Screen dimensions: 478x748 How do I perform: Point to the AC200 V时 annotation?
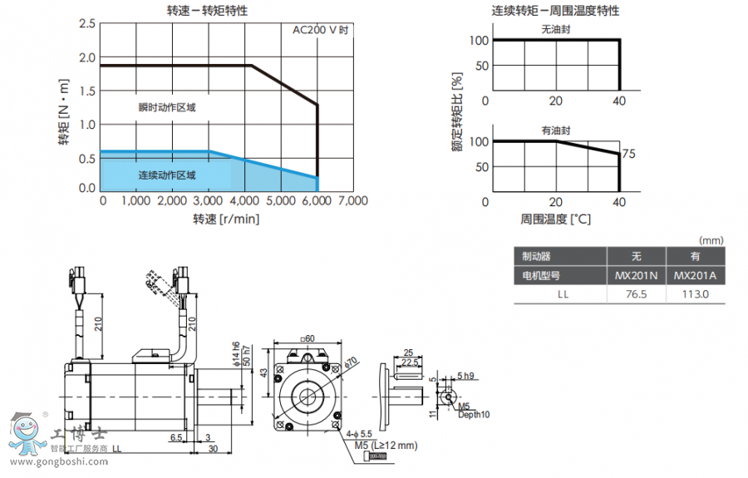point(320,30)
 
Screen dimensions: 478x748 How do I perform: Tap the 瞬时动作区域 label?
point(167,107)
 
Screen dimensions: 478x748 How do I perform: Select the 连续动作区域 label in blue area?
point(167,175)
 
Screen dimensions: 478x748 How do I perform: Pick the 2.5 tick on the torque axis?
point(87,23)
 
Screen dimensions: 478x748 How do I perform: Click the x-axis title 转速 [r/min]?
point(226,219)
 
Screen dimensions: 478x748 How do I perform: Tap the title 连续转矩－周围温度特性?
point(555,11)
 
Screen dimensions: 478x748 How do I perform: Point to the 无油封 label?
point(556,29)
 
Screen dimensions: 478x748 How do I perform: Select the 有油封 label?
point(556,131)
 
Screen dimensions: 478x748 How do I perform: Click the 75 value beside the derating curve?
point(628,155)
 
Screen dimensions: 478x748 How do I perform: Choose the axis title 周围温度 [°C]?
point(556,219)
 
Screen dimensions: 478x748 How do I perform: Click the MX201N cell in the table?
point(636,275)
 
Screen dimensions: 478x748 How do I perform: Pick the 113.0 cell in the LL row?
point(695,293)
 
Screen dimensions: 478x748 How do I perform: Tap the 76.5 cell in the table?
point(636,293)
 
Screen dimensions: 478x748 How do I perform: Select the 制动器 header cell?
point(537,256)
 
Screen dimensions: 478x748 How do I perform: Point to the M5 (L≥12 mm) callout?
point(386,446)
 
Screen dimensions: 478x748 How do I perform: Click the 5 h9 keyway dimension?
point(465,377)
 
